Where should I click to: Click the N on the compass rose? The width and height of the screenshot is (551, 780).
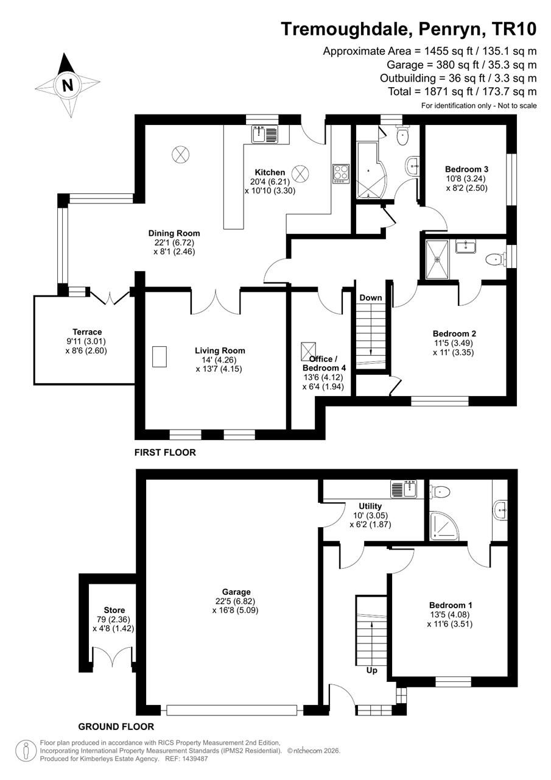pos(68,85)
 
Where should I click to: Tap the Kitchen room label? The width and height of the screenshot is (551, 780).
pos(270,172)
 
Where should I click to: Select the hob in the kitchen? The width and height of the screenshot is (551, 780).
pos(340,174)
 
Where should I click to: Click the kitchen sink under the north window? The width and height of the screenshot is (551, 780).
pos(265,133)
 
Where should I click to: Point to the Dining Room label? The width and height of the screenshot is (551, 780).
pos(174,233)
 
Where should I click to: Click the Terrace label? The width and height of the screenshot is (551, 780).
pos(87,332)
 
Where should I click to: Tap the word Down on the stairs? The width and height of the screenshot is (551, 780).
pos(370,298)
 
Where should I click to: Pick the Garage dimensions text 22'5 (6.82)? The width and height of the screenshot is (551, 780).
pos(235,601)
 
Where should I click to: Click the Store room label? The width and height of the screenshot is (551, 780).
pos(114,610)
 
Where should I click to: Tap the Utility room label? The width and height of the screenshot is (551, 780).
pos(370,506)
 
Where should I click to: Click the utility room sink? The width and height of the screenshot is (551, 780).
pos(404,488)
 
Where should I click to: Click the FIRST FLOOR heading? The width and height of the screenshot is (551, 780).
pos(165,452)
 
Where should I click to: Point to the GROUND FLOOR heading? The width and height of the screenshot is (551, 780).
pos(116,727)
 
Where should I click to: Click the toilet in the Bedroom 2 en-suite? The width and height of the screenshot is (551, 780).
pos(496,260)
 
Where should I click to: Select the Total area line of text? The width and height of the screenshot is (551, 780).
pos(462,91)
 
